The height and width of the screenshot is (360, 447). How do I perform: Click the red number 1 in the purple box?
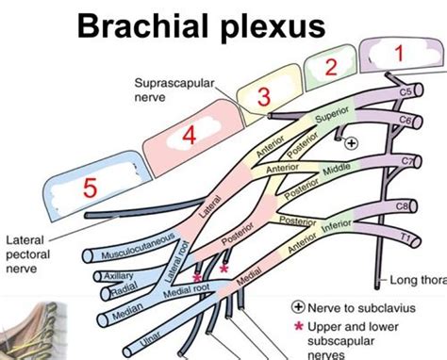(399, 54)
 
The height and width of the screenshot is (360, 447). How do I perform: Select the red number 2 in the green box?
(330, 67)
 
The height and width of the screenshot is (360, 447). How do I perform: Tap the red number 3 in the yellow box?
(265, 96)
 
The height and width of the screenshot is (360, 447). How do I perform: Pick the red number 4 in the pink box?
(188, 136)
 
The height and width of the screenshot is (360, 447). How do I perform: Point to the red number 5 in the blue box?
(90, 188)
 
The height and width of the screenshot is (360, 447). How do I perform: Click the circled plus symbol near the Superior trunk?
(351, 143)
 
